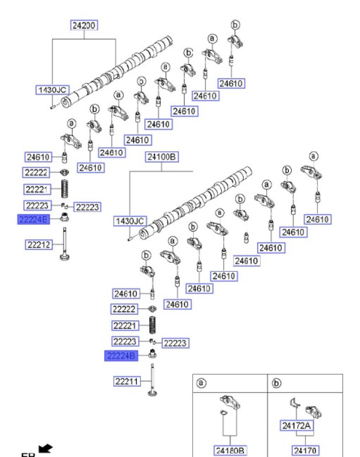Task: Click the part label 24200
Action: (85, 26)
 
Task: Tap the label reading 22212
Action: (38, 244)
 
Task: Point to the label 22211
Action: (127, 380)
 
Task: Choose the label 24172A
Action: (296, 426)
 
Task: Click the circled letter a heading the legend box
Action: (201, 383)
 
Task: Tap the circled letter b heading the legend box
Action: (276, 383)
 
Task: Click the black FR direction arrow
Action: (46, 448)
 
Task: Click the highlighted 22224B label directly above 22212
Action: (32, 219)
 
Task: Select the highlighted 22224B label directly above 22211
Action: (121, 356)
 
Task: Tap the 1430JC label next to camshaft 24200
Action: (52, 90)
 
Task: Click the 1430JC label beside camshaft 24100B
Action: (129, 221)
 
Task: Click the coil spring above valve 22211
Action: (154, 326)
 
